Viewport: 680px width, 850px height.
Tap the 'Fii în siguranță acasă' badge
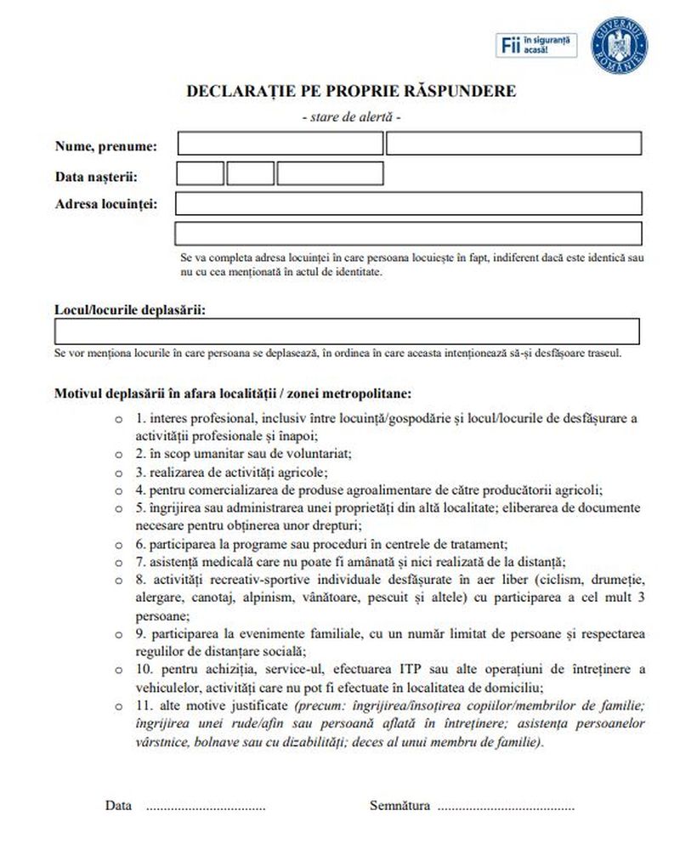point(535,45)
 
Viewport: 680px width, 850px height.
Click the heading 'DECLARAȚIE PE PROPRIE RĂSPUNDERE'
point(351,92)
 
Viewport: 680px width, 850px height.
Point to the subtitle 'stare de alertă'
point(351,116)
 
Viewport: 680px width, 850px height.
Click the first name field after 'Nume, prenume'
point(280,144)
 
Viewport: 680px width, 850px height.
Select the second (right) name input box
point(513,144)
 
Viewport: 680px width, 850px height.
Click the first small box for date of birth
point(200,173)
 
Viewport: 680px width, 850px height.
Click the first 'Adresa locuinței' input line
point(408,204)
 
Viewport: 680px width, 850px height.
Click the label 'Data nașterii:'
point(96,177)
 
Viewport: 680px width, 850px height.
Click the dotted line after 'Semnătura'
point(505,806)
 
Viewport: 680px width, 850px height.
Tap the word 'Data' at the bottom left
point(119,805)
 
